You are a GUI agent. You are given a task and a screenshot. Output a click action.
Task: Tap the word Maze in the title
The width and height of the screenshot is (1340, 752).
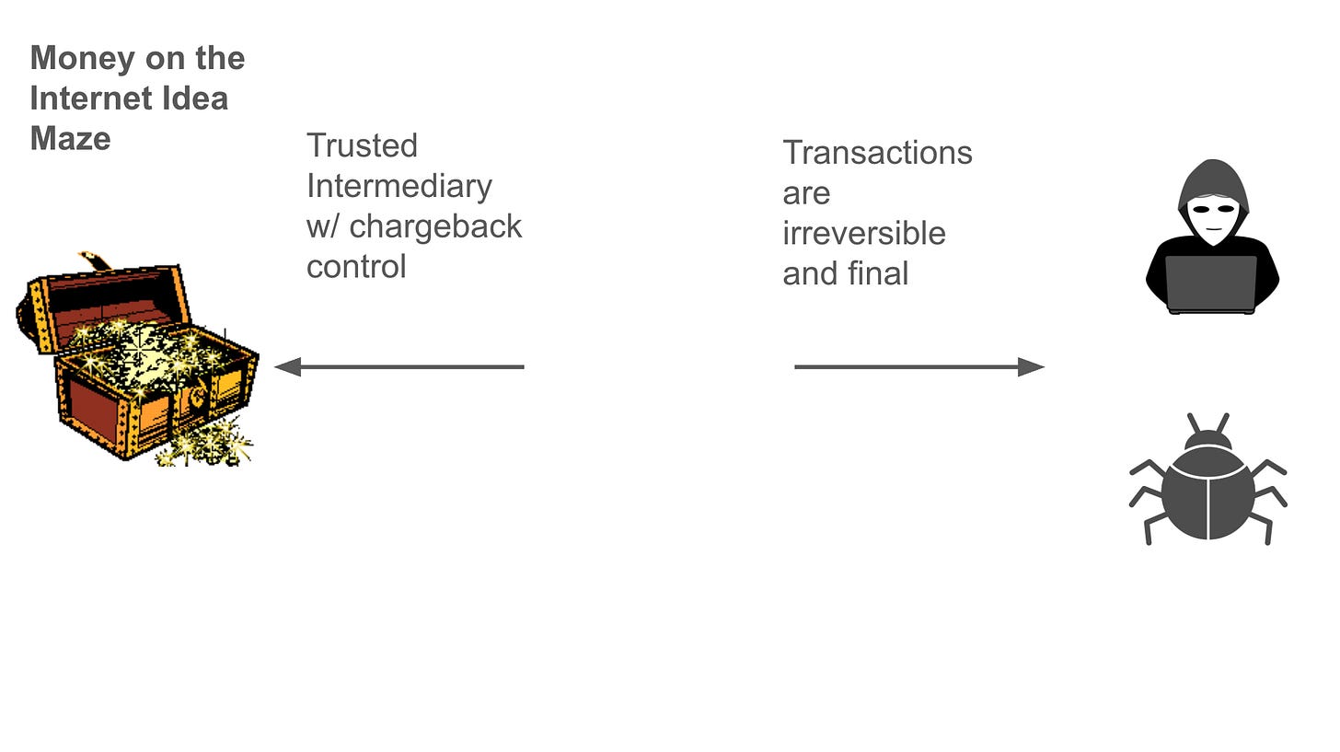click(70, 138)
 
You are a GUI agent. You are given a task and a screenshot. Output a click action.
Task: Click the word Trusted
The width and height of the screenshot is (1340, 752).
click(362, 145)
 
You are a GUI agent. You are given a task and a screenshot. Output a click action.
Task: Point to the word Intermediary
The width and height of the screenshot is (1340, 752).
click(399, 186)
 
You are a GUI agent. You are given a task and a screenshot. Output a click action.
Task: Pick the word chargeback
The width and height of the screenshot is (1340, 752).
click(435, 226)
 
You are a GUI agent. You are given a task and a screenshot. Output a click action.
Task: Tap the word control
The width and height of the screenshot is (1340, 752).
click(356, 266)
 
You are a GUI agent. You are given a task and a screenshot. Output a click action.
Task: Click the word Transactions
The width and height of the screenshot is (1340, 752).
click(877, 153)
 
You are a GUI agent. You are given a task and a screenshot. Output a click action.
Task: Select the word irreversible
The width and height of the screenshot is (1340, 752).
click(863, 233)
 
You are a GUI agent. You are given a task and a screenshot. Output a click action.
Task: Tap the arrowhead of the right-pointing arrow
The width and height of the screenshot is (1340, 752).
click(1032, 367)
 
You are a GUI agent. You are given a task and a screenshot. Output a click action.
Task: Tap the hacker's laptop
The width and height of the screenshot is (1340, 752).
click(1211, 283)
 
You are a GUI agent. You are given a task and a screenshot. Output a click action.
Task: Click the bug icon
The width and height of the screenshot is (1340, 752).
click(1207, 483)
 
